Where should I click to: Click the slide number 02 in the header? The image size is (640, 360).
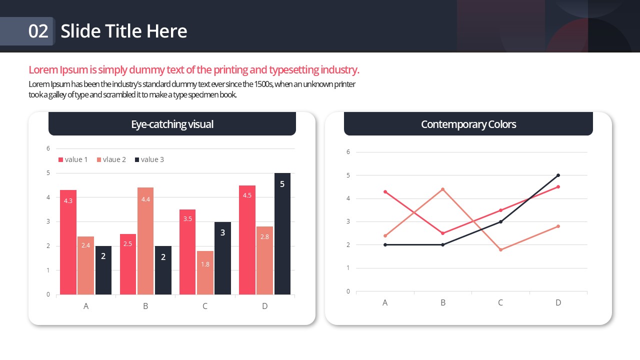coord(38,31)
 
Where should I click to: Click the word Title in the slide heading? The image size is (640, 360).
coord(124,31)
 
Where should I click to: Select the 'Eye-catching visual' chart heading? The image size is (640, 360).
coord(172,124)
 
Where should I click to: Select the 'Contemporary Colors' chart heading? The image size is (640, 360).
coord(468,124)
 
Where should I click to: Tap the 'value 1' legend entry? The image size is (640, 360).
coord(73,159)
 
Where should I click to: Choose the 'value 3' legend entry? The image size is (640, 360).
coord(149,159)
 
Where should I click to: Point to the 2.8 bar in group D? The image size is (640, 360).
coord(264,260)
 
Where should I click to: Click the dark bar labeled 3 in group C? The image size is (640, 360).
coord(222,258)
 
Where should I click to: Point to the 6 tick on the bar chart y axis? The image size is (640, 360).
coord(48,148)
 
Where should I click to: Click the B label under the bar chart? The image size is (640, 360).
coord(145,306)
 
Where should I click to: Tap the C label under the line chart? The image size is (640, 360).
coord(500,302)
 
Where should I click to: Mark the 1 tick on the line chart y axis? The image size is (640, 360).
coord(348,268)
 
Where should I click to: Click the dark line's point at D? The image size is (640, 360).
coord(558,175)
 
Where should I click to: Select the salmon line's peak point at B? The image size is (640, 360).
coord(442,189)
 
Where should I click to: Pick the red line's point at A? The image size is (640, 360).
coord(385,191)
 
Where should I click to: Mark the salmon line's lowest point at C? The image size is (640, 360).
coord(500,249)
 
